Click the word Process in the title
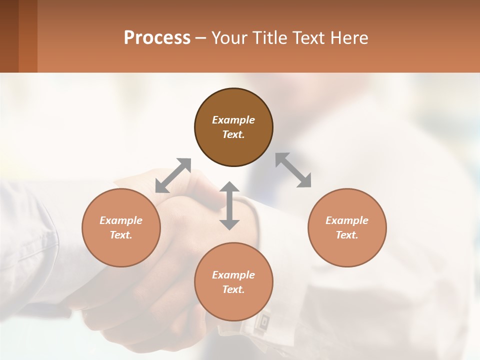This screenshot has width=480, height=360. tap(157, 38)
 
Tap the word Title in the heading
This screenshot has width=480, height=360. tap(272, 38)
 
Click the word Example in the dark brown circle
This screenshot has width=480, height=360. tap(233, 120)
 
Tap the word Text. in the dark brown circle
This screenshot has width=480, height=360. tap(233, 134)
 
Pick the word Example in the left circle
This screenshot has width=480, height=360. tap(121, 220)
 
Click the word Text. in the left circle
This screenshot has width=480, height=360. tap(121, 235)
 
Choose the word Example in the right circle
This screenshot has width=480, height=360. tap(347, 220)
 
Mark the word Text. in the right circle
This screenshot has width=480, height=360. tap(347, 235)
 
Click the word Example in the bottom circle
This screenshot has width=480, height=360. tap(233, 275)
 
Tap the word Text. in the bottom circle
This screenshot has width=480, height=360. tap(233, 289)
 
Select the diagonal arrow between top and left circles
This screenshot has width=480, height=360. tap(173, 175)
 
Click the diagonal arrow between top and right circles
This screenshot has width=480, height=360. tap(293, 170)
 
